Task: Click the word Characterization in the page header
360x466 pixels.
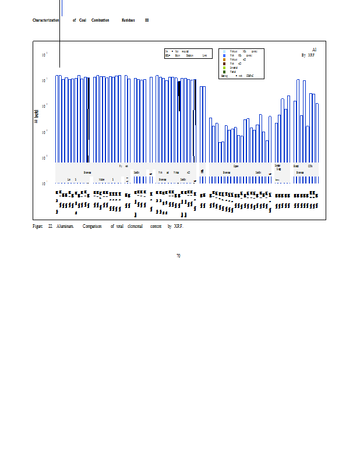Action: pos(45,20)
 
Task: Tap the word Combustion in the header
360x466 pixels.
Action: pos(100,20)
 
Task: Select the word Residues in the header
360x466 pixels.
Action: pos(128,20)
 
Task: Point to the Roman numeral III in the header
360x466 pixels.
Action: pos(147,20)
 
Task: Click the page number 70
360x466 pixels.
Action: pos(178,256)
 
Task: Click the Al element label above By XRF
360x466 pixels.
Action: pos(314,50)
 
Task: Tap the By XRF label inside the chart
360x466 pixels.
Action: pos(308,55)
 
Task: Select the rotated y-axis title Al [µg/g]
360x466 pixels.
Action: pos(37,116)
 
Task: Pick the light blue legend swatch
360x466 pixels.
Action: pos(224,51)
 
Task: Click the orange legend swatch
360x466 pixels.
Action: pos(224,59)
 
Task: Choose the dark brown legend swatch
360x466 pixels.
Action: pos(224,63)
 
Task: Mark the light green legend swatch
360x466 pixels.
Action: pos(224,68)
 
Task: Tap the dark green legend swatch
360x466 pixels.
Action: pos(224,72)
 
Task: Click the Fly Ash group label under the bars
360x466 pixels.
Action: pos(123,166)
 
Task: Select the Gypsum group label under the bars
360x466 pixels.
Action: pos(236,166)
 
